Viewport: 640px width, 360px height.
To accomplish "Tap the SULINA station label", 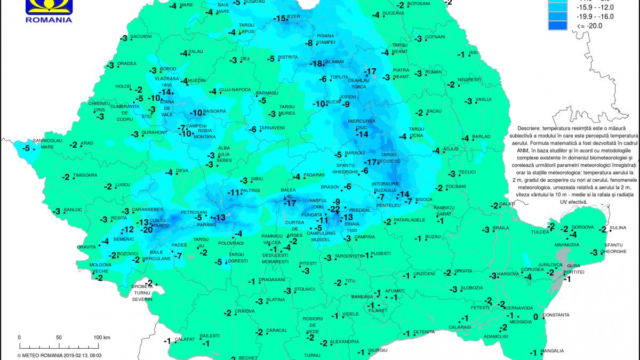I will coord(618,228).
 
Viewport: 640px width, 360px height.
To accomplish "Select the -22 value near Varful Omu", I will coord(334,209).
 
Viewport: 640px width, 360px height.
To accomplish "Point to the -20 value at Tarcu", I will coord(147,230).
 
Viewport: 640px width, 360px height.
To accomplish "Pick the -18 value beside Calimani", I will coord(316,63).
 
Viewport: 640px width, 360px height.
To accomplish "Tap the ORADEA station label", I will coord(127,63).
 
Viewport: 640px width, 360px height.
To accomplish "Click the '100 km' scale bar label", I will coord(101,338).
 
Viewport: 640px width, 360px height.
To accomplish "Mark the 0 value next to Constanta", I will coord(535,316).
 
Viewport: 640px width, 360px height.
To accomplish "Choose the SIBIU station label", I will coord(257,179).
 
